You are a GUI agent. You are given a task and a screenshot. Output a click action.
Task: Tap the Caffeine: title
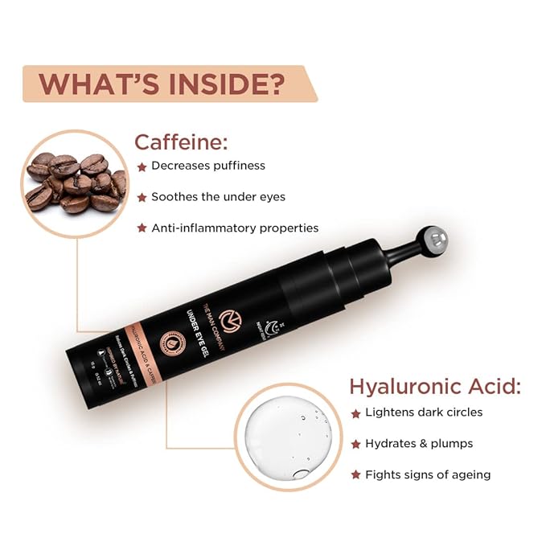[x=181, y=143]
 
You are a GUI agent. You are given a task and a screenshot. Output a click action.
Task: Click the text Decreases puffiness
[x=208, y=166]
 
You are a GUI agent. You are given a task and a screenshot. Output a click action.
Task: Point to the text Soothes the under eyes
[x=218, y=197]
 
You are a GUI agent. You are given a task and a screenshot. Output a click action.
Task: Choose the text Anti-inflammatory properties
[x=235, y=228]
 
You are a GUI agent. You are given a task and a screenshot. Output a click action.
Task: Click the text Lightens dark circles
[x=423, y=413]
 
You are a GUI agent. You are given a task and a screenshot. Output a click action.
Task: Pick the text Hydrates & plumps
[x=419, y=444]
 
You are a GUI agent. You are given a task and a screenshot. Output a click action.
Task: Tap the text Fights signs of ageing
[x=427, y=474]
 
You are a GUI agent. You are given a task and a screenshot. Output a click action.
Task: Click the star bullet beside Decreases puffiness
[x=142, y=167]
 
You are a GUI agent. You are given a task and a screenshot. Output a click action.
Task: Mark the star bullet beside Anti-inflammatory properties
[x=142, y=229]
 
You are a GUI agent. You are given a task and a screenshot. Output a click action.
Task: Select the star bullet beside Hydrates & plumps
[x=355, y=445]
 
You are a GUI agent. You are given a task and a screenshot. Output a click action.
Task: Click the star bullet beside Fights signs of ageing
[x=355, y=475]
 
